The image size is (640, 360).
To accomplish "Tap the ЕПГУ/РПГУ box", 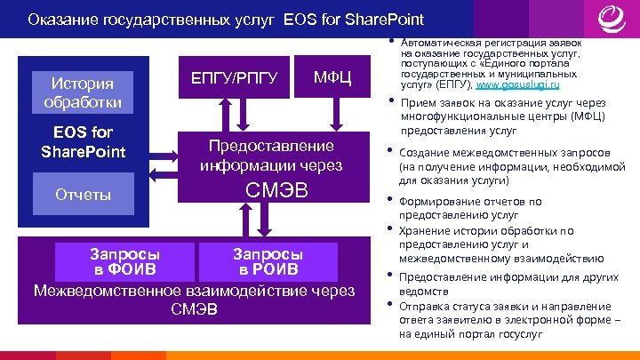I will [236, 80].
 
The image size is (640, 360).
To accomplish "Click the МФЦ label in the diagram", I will [333, 80].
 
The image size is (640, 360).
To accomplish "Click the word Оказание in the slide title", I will [62, 19].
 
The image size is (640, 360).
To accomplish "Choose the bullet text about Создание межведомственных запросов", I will [494, 166].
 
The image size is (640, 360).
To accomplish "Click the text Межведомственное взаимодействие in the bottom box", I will [193, 291].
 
